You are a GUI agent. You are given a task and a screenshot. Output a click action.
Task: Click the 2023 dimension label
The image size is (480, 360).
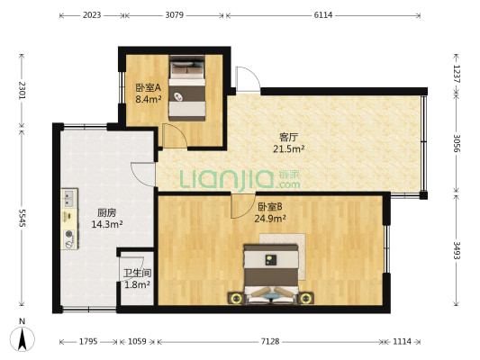pyautogui.click(x=92, y=15)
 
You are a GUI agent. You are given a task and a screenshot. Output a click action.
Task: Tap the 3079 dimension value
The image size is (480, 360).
pyautogui.click(x=175, y=15)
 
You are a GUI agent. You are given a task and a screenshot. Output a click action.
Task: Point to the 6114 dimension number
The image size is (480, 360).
pyautogui.click(x=323, y=15)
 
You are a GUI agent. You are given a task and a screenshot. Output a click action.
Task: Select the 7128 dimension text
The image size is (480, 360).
pyautogui.click(x=270, y=341)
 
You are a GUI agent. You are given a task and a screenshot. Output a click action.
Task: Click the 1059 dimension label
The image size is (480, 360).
pyautogui.click(x=137, y=341)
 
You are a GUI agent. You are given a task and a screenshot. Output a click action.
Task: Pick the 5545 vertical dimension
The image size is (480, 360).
pyautogui.click(x=22, y=218)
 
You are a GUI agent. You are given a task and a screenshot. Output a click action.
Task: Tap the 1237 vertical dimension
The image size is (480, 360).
pyautogui.click(x=457, y=74)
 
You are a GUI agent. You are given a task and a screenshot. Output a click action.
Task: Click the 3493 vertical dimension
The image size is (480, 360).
pyautogui.click(x=457, y=250)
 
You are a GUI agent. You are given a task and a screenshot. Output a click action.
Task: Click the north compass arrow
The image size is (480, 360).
pyautogui.click(x=22, y=339)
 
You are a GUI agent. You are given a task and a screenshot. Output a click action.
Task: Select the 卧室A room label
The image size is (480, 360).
pyautogui.click(x=149, y=88)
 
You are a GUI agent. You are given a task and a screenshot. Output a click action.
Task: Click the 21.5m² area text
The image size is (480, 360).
pyautogui.click(x=289, y=149)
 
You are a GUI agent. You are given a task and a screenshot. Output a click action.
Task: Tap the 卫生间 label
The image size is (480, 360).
pyautogui.click(x=137, y=273)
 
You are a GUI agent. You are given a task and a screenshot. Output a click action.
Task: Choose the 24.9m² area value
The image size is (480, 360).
pyautogui.click(x=270, y=219)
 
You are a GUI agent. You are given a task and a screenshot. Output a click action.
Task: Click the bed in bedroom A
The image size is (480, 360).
pyautogui.click(x=187, y=88)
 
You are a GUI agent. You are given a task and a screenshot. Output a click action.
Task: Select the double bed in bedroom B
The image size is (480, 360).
pyautogui.click(x=270, y=274)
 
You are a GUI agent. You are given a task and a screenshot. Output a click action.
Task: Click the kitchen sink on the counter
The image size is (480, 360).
pyautogui.click(x=69, y=198)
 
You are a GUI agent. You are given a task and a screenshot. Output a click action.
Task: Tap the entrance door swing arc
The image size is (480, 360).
pyautogui.click(x=249, y=77)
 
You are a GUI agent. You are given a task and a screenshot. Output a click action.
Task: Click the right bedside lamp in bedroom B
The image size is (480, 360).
pyautogui.click(x=305, y=298)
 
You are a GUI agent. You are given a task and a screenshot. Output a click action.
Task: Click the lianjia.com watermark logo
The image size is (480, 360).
pyautogui.click(x=240, y=179)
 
